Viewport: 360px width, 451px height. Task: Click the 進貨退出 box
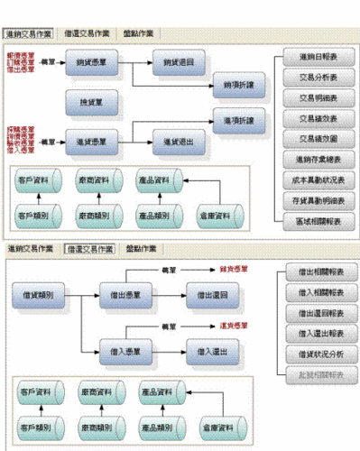point(177,141)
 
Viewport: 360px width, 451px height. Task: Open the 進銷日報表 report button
point(313,57)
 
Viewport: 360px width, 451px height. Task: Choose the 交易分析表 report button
point(313,77)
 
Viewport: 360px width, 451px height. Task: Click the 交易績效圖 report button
point(313,138)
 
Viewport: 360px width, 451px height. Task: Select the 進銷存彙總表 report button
point(313,159)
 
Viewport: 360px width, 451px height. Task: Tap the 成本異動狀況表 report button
point(313,179)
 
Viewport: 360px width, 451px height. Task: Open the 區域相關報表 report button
point(313,220)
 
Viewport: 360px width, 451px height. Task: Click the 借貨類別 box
point(42,293)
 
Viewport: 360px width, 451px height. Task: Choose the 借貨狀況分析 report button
point(313,354)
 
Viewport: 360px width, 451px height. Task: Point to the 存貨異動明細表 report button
point(313,199)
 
